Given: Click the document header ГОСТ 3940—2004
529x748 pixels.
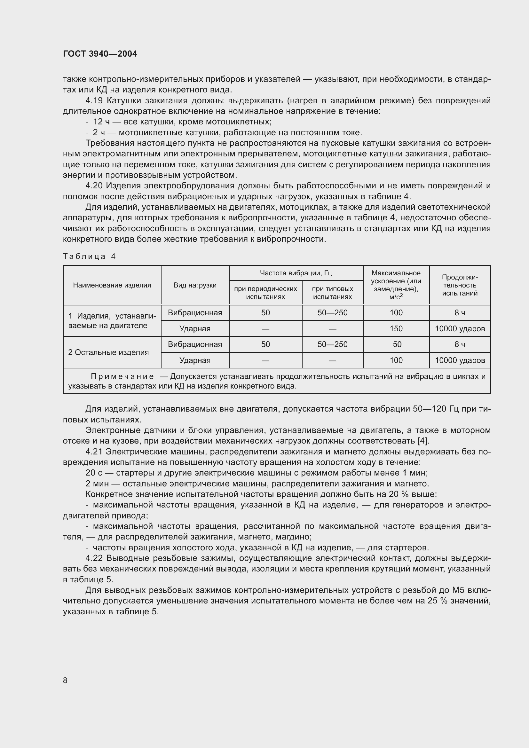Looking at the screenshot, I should pos(100,54).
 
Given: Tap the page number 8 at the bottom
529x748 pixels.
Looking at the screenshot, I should pos(65,680).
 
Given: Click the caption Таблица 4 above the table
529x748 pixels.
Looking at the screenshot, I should pos(89,256).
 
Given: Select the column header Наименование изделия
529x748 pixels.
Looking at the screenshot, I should pos(112,285).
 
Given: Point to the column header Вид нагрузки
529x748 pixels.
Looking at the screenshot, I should pos(195,285).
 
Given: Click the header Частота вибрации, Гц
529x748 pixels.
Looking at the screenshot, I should pos(296,273).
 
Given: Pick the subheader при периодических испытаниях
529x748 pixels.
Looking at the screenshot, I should pos(265,293).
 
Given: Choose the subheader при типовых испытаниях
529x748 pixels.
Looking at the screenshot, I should pos(332,293).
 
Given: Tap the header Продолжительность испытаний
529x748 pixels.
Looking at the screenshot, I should pos(460,285).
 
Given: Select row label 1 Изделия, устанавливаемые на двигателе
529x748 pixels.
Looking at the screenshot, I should pos(112,320).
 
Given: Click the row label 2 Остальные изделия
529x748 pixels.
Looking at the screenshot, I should pos(108,352).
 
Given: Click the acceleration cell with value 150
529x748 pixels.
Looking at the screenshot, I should pos(396,328).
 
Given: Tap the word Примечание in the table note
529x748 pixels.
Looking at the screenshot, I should pos(122,377).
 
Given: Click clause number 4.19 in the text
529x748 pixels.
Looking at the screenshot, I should pos(94,101).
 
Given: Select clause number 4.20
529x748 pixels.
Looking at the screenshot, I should pos(94,186).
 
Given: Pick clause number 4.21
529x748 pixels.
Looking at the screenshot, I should pos(94,452).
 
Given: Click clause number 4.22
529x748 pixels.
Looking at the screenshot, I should pos(94,558).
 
